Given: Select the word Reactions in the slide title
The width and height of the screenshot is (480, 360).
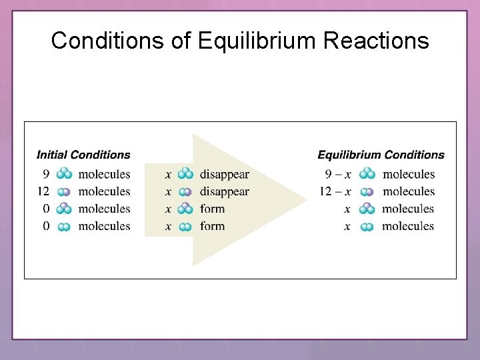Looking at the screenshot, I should click(377, 41).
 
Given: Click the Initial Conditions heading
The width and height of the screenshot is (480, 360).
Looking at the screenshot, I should click(83, 155).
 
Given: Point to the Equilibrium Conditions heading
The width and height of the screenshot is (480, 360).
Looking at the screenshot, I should click(381, 155).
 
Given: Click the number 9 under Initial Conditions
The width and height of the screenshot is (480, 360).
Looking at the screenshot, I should click(46, 175).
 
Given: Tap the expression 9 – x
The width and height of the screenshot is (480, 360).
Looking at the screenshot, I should click(338, 175).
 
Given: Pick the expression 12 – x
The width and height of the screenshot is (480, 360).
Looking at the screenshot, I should click(335, 192).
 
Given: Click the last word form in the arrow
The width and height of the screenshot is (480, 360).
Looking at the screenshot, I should click(212, 227).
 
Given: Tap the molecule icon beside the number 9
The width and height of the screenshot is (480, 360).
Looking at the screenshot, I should click(64, 174).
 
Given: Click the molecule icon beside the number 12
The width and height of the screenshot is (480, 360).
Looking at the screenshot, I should click(64, 192).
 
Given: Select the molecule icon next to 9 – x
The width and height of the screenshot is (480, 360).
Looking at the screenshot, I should click(367, 174).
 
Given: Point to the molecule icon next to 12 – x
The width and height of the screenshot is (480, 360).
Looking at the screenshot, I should click(367, 192).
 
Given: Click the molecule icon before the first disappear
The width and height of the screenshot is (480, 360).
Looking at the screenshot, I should click(186, 174).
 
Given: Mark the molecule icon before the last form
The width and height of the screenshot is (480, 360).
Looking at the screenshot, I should click(186, 227).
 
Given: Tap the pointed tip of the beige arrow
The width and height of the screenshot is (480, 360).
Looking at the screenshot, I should click(305, 199).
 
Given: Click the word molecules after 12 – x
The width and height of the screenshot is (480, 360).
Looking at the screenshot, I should click(409, 192).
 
